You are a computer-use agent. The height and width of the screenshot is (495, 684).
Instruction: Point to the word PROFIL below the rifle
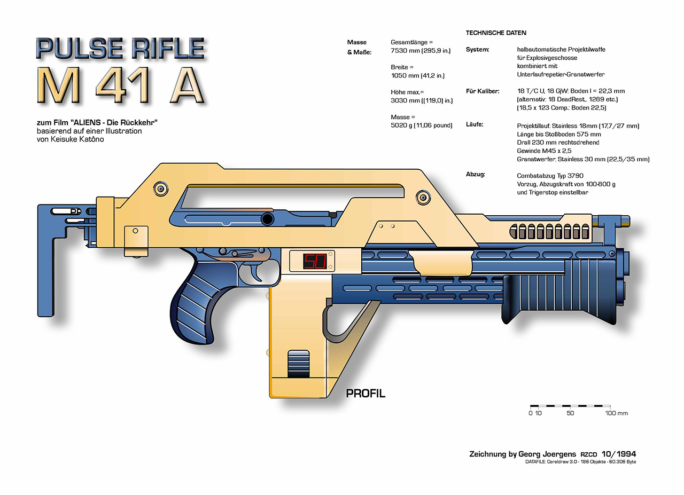(366, 394)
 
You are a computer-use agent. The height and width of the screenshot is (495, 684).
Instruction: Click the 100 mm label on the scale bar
(616, 413)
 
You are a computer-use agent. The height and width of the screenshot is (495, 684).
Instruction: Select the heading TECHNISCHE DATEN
(496, 33)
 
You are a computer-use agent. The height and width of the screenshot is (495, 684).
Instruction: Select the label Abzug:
(476, 174)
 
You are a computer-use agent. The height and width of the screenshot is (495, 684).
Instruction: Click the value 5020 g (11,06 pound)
(422, 125)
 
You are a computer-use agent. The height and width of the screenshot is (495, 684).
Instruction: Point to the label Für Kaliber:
(483, 91)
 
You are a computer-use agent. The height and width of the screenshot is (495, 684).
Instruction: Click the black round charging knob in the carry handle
(268, 219)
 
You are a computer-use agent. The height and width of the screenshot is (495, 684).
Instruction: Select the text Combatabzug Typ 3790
(550, 176)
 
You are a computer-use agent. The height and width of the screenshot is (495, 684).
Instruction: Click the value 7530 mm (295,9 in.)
(421, 50)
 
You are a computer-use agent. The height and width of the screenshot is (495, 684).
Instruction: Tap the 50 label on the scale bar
(570, 413)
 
